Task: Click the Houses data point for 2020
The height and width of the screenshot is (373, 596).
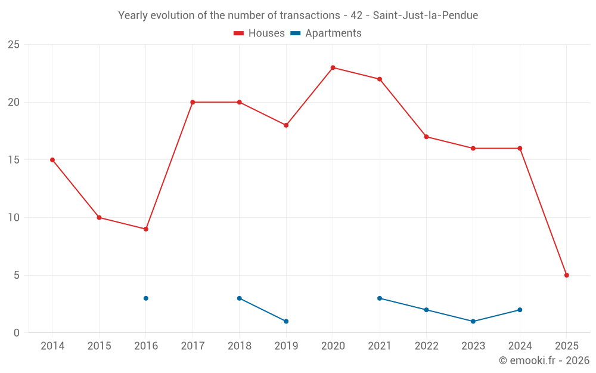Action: pyautogui.click(x=333, y=67)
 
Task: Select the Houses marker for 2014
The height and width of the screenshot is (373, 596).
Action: pyautogui.click(x=52, y=160)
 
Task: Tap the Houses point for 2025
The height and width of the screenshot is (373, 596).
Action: pyautogui.click(x=566, y=275)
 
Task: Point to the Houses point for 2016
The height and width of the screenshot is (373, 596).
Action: pyautogui.click(x=145, y=229)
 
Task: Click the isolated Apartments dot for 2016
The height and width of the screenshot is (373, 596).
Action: pyautogui.click(x=145, y=298)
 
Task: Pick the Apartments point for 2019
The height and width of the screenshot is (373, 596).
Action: pyautogui.click(x=286, y=321)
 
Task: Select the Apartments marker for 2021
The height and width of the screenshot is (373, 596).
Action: pyautogui.click(x=380, y=298)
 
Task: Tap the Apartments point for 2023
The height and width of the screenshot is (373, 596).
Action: pyautogui.click(x=473, y=321)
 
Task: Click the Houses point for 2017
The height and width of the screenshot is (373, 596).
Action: pyautogui.click(x=193, y=102)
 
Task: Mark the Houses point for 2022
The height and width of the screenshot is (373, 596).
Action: pyautogui.click(x=426, y=137)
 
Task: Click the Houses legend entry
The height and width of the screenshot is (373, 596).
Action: pyautogui.click(x=259, y=33)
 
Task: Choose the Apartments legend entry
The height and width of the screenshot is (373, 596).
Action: pyautogui.click(x=326, y=33)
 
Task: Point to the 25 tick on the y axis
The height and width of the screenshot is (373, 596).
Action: pyautogui.click(x=14, y=45)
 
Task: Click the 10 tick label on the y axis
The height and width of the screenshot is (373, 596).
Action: pyautogui.click(x=14, y=218)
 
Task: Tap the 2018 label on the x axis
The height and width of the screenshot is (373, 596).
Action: pyautogui.click(x=239, y=346)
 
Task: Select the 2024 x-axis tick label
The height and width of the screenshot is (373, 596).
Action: pyautogui.click(x=520, y=346)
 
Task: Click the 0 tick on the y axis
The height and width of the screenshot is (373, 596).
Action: pyautogui.click(x=17, y=333)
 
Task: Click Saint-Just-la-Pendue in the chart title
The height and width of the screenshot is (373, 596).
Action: pyautogui.click(x=425, y=16)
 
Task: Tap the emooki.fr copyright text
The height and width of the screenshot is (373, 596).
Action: pyautogui.click(x=544, y=360)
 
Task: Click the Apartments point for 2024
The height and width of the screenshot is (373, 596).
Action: pyautogui.click(x=520, y=310)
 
